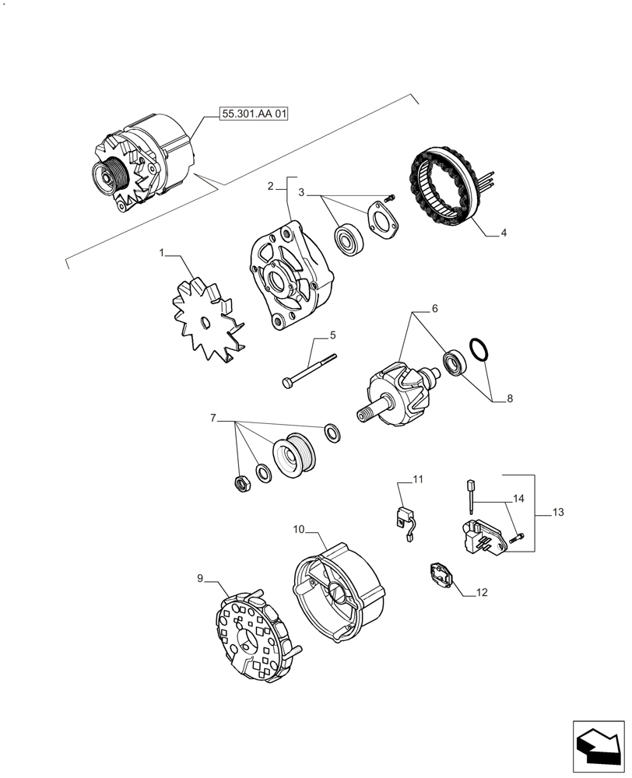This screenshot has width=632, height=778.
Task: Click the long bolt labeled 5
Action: [x=309, y=370]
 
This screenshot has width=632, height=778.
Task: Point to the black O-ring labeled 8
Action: [x=479, y=350]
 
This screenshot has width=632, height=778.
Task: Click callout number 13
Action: [x=557, y=513]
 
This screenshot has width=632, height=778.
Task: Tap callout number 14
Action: [x=518, y=497]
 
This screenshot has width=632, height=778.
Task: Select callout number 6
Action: [x=434, y=309]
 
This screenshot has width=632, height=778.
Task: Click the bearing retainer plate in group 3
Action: [x=381, y=219]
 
